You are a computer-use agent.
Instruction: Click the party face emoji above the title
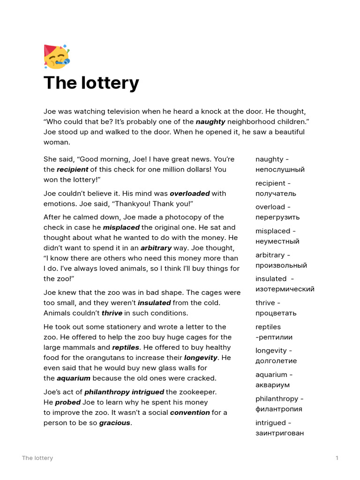56,56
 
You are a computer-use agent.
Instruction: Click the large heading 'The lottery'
91,83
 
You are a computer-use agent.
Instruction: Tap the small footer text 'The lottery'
37,458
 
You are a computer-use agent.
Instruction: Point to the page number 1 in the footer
337,458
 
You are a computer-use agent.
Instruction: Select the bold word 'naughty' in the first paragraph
210,122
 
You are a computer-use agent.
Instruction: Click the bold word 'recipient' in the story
72,170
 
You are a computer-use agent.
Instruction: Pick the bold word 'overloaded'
189,193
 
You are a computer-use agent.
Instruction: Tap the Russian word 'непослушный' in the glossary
280,170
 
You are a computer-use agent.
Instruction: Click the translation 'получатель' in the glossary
276,194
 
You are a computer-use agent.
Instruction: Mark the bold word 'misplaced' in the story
121,227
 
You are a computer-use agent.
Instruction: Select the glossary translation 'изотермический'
285,289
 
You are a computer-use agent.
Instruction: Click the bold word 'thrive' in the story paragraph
112,313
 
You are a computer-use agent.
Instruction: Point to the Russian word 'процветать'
276,313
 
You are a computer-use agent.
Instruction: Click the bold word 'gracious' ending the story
114,423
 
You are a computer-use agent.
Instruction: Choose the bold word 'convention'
189,412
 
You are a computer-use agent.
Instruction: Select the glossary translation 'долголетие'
276,361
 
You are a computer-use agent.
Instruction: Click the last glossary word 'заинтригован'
279,433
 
